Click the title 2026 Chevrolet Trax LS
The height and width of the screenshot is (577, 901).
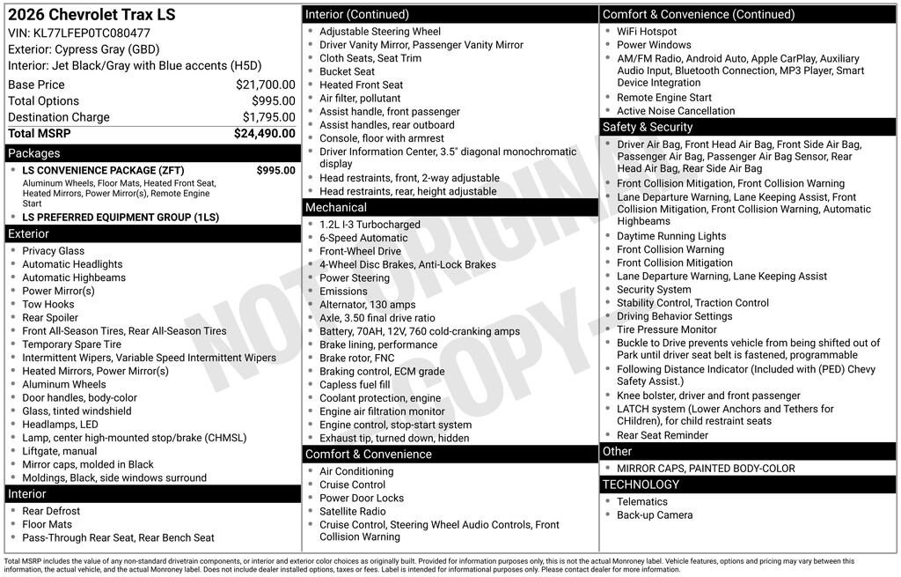[x=92, y=15]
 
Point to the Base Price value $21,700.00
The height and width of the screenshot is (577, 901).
[x=265, y=85]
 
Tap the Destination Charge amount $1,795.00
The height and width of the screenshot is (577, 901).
[x=268, y=117]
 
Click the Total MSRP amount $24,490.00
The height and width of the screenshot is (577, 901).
[x=264, y=134]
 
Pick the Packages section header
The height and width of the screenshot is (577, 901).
[x=34, y=153]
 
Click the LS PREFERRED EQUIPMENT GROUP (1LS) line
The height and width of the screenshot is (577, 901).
[x=121, y=218]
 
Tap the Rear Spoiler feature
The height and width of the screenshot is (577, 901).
[x=50, y=318]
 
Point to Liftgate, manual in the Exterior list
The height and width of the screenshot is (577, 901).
[x=60, y=451]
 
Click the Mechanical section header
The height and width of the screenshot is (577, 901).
[x=335, y=207]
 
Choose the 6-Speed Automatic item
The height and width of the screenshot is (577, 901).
[x=363, y=238]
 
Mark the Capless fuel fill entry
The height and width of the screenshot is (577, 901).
[x=355, y=385]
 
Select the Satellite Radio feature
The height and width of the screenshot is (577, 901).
[x=353, y=511]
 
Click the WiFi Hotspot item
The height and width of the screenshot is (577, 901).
[x=647, y=32]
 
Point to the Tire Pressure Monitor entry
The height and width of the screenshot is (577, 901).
[x=666, y=329]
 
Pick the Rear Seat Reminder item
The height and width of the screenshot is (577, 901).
[x=663, y=435]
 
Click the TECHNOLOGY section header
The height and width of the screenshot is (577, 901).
[x=641, y=485]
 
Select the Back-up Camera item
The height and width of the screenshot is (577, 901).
[x=655, y=515]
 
